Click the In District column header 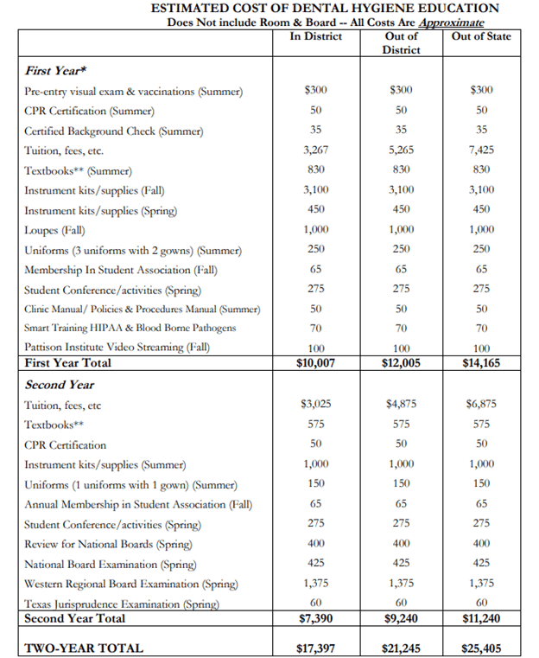(x=315, y=36)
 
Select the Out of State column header (x=481, y=36)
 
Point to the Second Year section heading (x=60, y=385)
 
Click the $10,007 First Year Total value (x=315, y=363)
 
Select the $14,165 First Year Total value (x=481, y=363)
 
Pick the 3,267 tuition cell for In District (x=315, y=150)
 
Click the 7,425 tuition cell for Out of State (x=481, y=150)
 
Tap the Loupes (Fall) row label (x=54, y=230)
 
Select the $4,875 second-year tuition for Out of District (x=400, y=405)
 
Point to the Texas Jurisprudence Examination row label (x=120, y=604)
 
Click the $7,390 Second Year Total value (x=315, y=618)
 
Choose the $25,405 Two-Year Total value (x=481, y=648)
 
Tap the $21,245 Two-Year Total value (x=400, y=648)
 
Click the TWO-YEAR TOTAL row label (x=84, y=648)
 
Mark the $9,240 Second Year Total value (x=400, y=618)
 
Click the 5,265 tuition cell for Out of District (x=400, y=150)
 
